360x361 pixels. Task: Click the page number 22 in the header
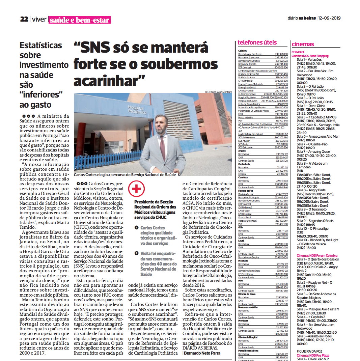coord(24,20)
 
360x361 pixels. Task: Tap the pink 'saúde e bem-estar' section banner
coord(80,20)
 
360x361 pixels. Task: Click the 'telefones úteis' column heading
coord(257,43)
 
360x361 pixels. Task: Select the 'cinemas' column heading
coord(303,44)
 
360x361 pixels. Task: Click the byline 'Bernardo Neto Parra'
coord(202,353)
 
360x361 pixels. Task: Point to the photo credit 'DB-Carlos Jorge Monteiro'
coord(218,92)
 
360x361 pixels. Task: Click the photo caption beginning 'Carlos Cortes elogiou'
coord(125,175)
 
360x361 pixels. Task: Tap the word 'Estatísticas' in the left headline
coord(41,46)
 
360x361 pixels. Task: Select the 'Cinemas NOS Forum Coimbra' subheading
coord(317,255)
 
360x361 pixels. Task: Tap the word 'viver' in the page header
coord(39,20)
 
